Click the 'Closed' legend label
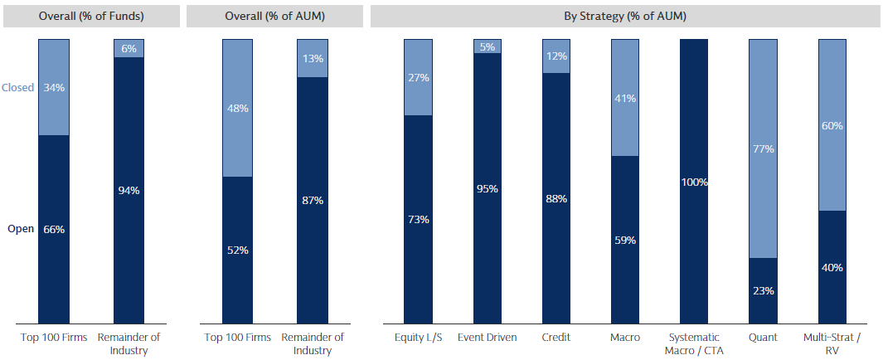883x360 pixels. pyautogui.click(x=17, y=87)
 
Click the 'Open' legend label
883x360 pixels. pyautogui.click(x=21, y=229)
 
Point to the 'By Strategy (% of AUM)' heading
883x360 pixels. pyautogui.click(x=625, y=16)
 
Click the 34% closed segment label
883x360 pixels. pyautogui.click(x=54, y=87)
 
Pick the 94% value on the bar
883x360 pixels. pyautogui.click(x=129, y=190)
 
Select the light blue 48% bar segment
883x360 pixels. pyautogui.click(x=237, y=108)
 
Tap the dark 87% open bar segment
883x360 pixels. pyautogui.click(x=313, y=200)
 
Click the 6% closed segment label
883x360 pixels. pyautogui.click(x=129, y=48)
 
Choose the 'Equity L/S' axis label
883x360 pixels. pyautogui.click(x=419, y=338)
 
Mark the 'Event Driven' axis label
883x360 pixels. pyautogui.click(x=488, y=338)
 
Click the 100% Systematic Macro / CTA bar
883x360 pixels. pyautogui.click(x=694, y=182)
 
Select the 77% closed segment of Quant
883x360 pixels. pyautogui.click(x=763, y=149)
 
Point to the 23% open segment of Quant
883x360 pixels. pyautogui.click(x=763, y=290)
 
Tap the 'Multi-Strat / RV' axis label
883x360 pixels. pyautogui.click(x=832, y=343)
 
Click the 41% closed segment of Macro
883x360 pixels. pyautogui.click(x=625, y=98)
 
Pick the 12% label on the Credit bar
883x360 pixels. pyautogui.click(x=556, y=56)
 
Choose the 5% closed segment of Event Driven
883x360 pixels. pyautogui.click(x=488, y=46)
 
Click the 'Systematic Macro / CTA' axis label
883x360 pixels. pyautogui.click(x=694, y=343)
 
